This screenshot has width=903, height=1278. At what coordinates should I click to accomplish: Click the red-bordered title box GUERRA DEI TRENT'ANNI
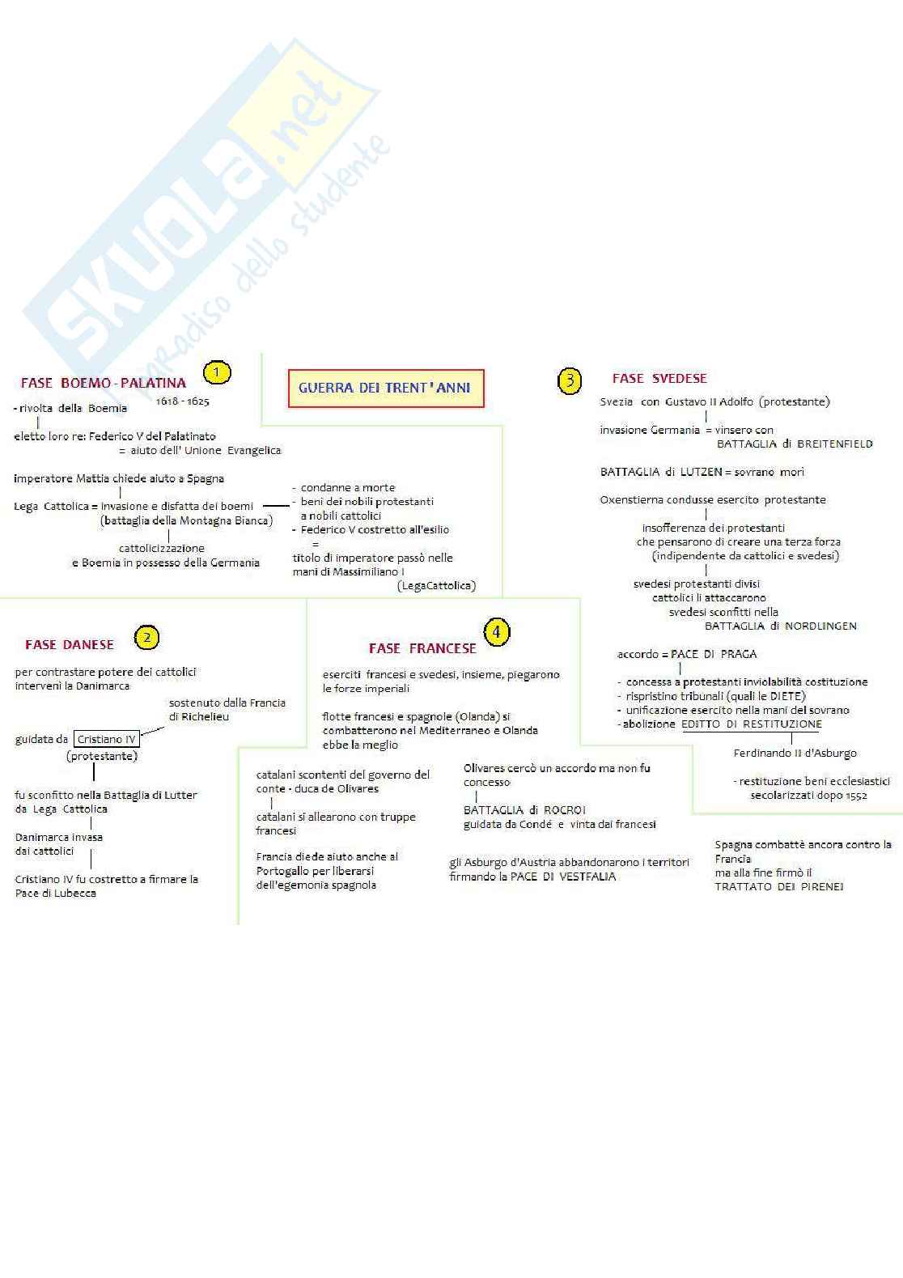coord(385,388)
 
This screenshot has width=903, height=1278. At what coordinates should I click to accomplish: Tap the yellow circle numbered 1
coord(217,372)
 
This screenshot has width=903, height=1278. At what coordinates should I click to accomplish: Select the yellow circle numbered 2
coord(146,638)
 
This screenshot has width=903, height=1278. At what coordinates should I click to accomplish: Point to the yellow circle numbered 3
coord(570,380)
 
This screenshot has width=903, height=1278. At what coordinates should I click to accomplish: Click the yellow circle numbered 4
coord(497,632)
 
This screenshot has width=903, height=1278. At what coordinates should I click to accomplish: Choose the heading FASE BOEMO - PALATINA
coord(104,383)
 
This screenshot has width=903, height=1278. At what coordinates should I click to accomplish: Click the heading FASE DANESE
coord(70,644)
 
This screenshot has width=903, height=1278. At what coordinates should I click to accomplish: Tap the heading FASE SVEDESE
coord(659,378)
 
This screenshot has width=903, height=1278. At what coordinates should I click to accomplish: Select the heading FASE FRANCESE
coord(422,648)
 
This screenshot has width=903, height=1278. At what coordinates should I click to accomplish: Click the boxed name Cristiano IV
coord(106,739)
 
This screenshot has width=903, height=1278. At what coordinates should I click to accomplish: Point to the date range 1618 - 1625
coord(183,401)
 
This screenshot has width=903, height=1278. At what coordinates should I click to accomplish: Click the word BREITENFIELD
coord(835,444)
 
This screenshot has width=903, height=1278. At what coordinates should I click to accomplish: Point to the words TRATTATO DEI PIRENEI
coord(779,886)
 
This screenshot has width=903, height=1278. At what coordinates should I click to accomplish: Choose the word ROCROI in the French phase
coord(566,810)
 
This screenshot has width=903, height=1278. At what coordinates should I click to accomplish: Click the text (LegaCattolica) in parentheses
coord(437,585)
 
